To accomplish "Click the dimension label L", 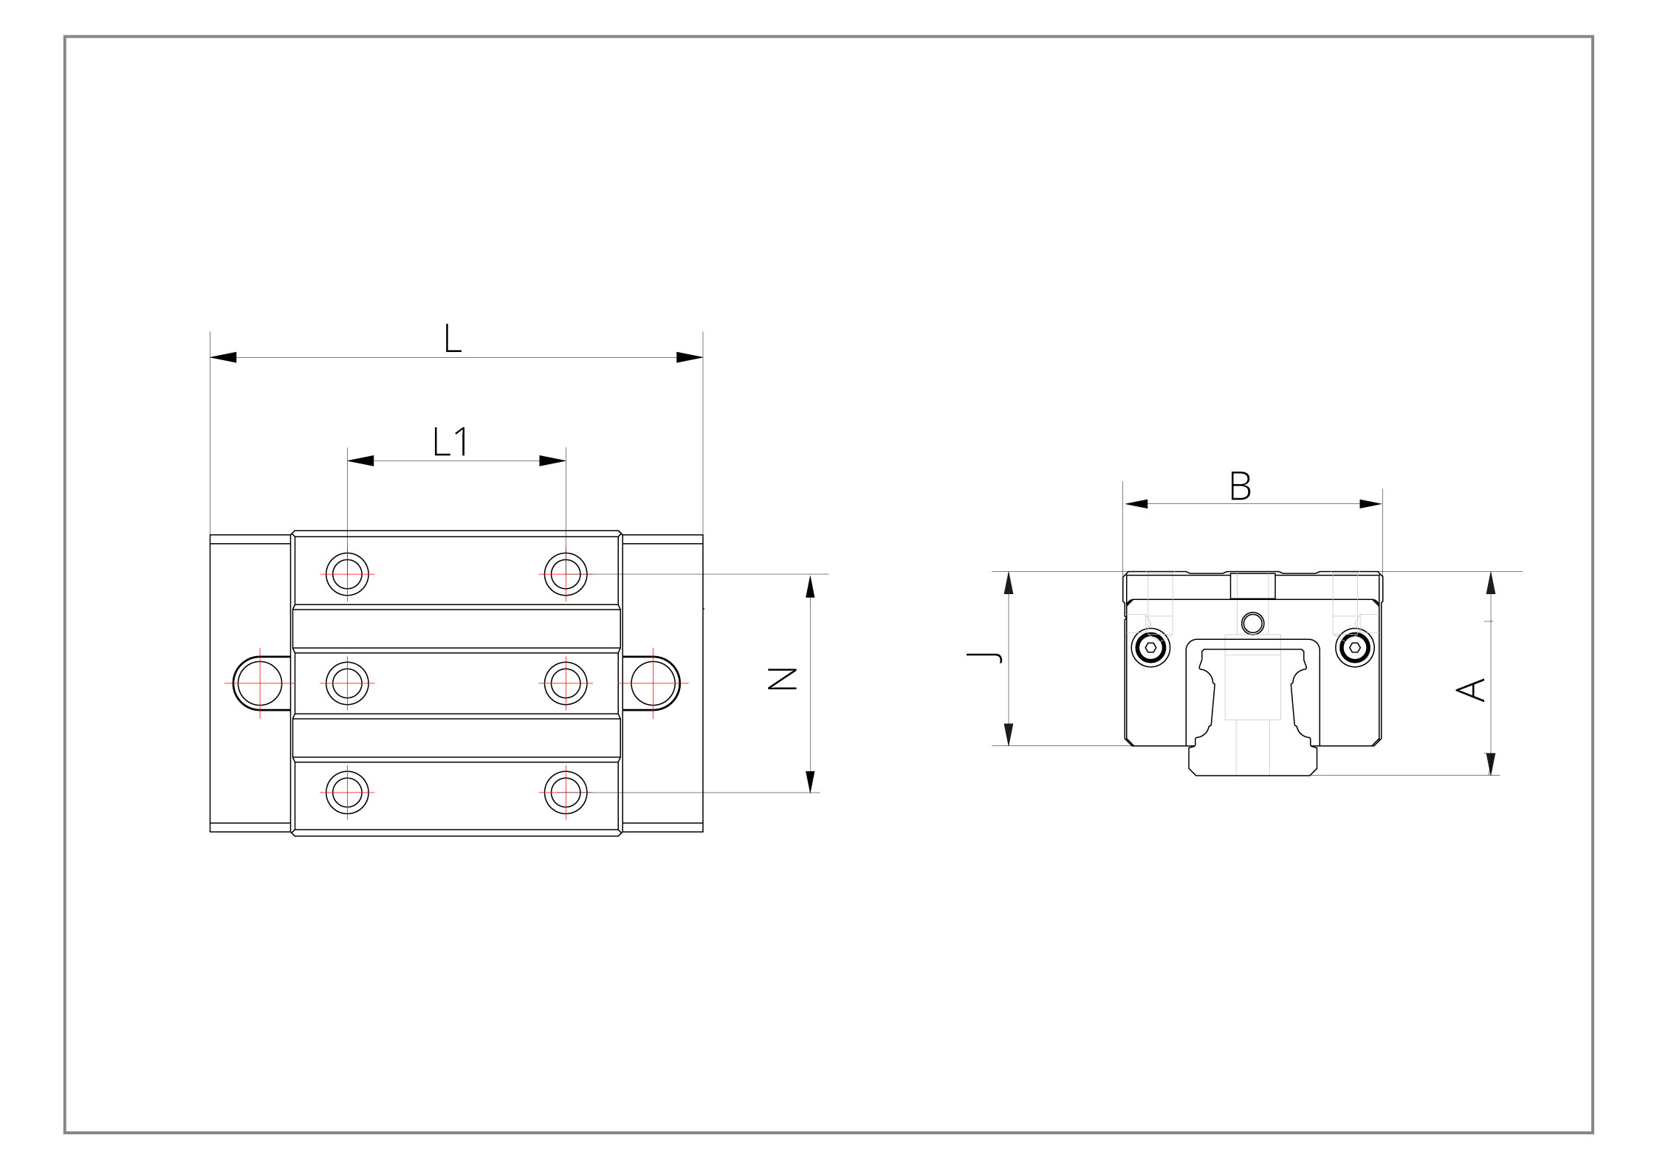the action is click(x=453, y=339).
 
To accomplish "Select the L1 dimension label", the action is click(x=450, y=442).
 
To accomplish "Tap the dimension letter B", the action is click(x=1241, y=486).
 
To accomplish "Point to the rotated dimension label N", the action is click(x=783, y=678).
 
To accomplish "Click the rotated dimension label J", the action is click(x=985, y=657).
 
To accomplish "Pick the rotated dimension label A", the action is click(x=1470, y=689).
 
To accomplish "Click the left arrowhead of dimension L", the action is click(x=224, y=357).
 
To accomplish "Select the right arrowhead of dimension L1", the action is click(x=552, y=461).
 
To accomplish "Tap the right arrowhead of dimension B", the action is click(x=1371, y=504).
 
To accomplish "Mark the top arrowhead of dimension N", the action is click(x=810, y=586).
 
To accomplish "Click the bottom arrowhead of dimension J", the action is click(x=1009, y=734).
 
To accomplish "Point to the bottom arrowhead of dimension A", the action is click(x=1491, y=764).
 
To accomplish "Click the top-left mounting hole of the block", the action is click(x=347, y=574).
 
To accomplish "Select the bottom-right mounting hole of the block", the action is click(x=566, y=793).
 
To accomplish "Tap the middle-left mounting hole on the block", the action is click(x=347, y=683).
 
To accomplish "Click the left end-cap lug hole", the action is click(x=260, y=683).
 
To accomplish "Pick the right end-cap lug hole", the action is click(x=653, y=683).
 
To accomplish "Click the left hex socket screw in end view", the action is click(x=1150, y=647).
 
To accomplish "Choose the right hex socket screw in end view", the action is click(x=1355, y=647).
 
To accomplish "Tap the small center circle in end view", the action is click(x=1252, y=624).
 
